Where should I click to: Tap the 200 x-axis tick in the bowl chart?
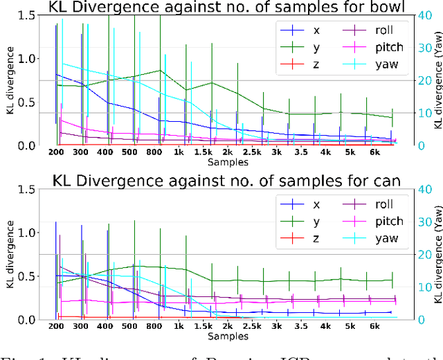point(56,153)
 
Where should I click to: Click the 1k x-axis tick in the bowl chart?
point(179,153)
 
